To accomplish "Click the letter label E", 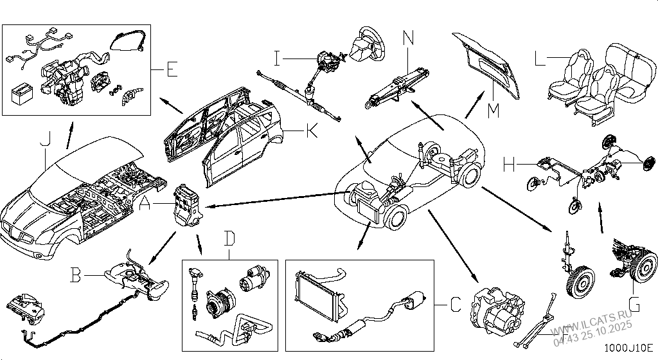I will (172, 69).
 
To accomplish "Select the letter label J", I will (44, 139).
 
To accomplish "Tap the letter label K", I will (311, 132).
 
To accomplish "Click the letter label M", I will (493, 110).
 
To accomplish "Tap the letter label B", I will (76, 276).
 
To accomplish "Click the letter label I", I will (277, 60).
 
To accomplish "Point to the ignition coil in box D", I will (193, 283).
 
